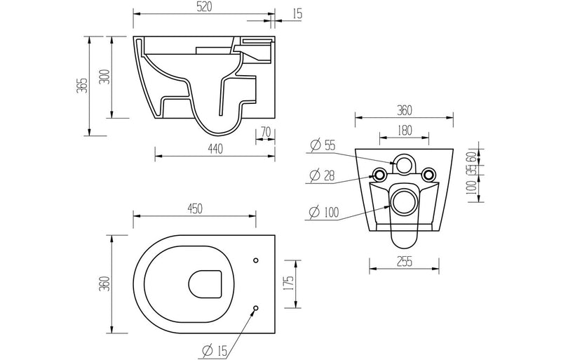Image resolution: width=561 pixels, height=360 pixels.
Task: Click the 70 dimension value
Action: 264,131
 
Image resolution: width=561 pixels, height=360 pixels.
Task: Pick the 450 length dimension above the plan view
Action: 195,208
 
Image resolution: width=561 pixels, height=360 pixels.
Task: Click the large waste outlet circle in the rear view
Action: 403,201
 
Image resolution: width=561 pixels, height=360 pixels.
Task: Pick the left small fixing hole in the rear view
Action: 379,174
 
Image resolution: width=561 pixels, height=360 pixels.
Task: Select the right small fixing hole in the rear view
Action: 428,174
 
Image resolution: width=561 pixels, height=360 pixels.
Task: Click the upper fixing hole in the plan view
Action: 255,261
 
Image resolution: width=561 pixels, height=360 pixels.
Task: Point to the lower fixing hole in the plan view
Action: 255,307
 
